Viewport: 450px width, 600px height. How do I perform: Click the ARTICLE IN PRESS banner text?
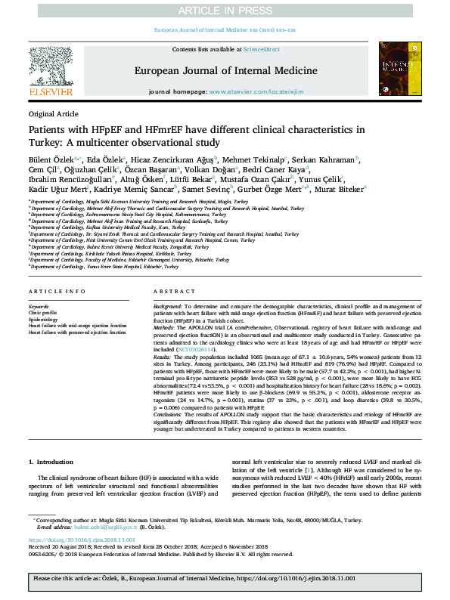tap(225, 11)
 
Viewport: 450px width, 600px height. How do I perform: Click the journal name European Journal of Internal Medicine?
tap(224, 70)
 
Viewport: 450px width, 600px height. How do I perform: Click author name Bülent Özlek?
tap(52, 159)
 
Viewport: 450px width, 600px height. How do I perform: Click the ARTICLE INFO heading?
tap(57, 292)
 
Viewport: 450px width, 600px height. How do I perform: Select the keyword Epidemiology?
tap(44, 319)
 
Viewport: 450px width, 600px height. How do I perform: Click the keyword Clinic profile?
tap(43, 311)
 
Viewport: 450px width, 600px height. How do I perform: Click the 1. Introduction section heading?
tap(51, 461)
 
